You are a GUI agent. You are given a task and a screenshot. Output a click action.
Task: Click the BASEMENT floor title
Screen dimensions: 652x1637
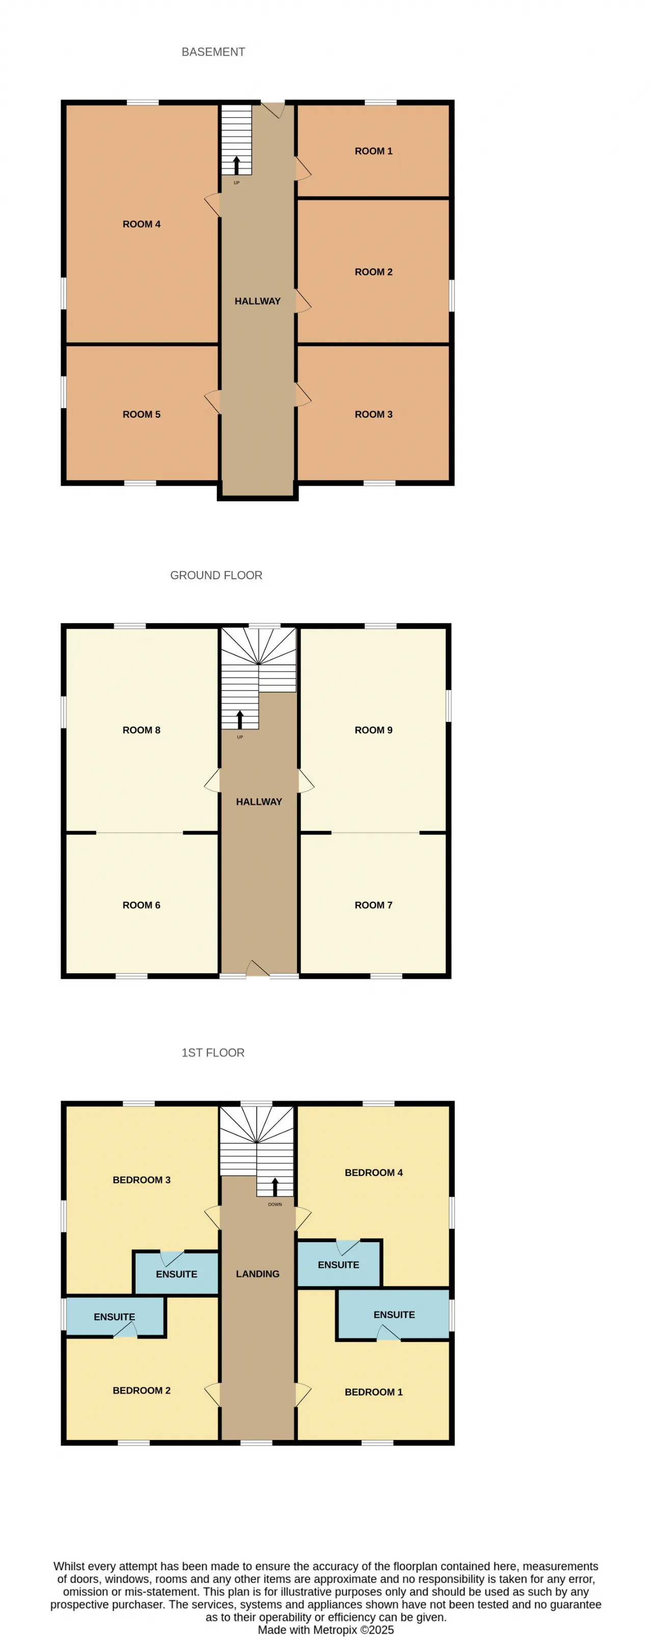(x=213, y=52)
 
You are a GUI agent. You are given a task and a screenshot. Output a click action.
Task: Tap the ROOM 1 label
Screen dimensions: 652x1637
(x=374, y=151)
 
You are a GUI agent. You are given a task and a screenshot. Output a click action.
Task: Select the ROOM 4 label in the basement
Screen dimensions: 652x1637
(x=142, y=224)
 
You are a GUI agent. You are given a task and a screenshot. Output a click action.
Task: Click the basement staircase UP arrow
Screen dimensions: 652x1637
(x=236, y=165)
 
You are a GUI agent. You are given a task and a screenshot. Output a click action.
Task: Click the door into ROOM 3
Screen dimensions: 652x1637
(x=303, y=395)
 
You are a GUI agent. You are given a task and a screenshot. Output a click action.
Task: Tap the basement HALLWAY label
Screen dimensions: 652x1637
(x=257, y=301)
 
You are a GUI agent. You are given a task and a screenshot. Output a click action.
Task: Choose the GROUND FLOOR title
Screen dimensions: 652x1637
(x=216, y=575)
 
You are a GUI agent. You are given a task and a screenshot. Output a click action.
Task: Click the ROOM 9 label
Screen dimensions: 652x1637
(x=374, y=730)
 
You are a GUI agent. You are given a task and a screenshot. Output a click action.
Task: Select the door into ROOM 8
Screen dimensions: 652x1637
(x=212, y=781)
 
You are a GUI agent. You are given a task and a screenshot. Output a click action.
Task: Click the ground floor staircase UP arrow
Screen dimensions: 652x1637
(x=239, y=719)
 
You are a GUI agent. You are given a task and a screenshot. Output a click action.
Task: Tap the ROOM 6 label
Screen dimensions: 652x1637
(x=142, y=905)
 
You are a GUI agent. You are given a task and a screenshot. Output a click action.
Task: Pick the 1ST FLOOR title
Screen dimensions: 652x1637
(x=213, y=1053)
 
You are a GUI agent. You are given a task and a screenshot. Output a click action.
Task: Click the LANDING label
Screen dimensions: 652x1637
(x=257, y=1274)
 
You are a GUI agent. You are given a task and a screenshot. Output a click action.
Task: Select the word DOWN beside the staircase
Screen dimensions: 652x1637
(x=275, y=1204)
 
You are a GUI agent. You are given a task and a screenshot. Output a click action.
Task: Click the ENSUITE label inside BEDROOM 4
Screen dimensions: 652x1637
(x=339, y=1265)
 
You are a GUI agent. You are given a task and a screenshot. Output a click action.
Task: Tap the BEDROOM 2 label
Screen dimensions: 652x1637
(x=142, y=1390)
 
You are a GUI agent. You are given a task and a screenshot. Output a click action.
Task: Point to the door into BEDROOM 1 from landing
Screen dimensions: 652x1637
(x=303, y=1394)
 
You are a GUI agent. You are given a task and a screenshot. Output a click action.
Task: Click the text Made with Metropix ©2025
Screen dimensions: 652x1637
(x=326, y=1630)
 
